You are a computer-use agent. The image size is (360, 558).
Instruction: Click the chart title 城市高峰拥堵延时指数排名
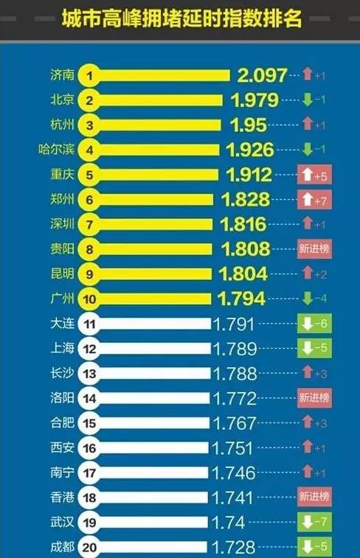pyautogui.click(x=181, y=18)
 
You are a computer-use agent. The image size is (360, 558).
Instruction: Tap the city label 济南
pyautogui.click(x=61, y=74)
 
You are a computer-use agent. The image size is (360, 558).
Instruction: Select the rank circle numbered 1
pyautogui.click(x=89, y=74)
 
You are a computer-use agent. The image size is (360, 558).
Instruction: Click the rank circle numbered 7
pyautogui.click(x=89, y=224)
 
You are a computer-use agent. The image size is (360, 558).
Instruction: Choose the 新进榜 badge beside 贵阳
pyautogui.click(x=314, y=249)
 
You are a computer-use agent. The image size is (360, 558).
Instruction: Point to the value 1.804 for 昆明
pyautogui.click(x=244, y=274)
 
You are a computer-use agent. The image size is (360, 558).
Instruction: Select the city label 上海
pyautogui.click(x=61, y=348)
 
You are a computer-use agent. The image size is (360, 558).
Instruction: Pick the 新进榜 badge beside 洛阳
pyautogui.click(x=314, y=398)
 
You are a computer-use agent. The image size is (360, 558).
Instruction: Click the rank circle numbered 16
pyautogui.click(x=89, y=447)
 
